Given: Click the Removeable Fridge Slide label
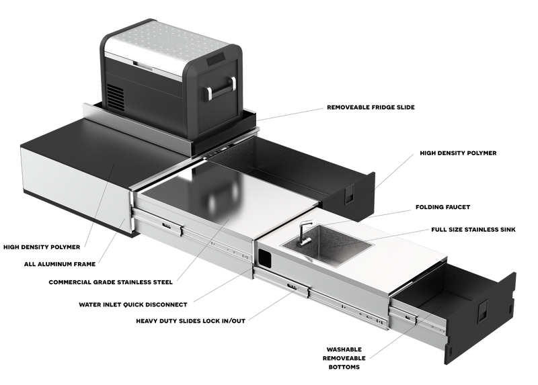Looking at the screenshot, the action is (371, 108).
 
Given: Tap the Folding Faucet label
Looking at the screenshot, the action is (443, 207).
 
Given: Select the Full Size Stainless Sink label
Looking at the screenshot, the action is (473, 230).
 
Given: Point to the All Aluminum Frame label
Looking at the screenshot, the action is (60, 264).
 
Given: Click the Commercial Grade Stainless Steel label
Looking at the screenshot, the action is (110, 282).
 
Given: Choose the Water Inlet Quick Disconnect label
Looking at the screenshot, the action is (133, 304).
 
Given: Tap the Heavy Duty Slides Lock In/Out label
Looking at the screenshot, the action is (190, 321).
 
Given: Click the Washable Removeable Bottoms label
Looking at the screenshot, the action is (344, 358).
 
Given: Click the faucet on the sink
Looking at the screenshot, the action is (303, 232).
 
